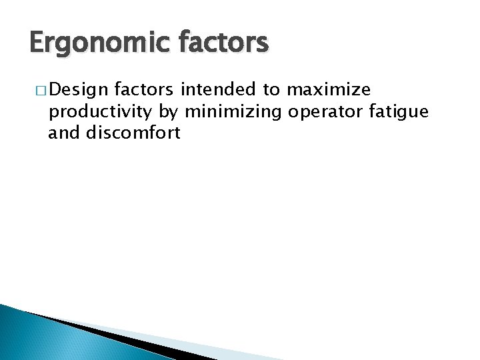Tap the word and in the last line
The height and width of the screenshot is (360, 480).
64,133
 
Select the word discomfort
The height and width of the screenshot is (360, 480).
133,133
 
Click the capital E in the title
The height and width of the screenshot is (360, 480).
36,44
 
